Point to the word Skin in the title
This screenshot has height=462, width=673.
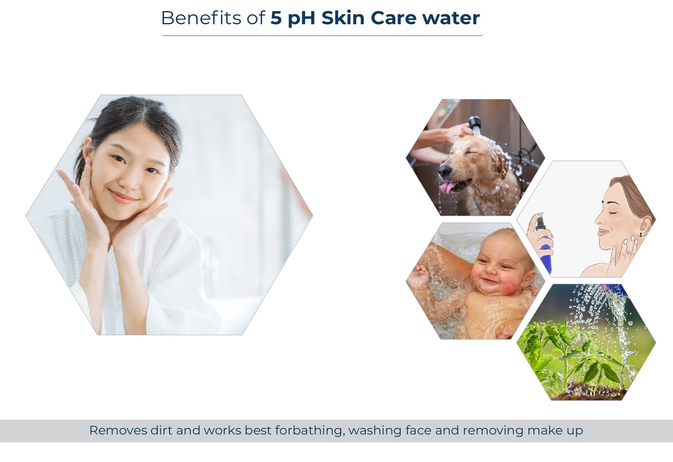coord(343,18)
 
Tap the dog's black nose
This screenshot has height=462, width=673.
coord(443,170)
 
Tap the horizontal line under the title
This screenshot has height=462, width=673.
coord(322,35)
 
